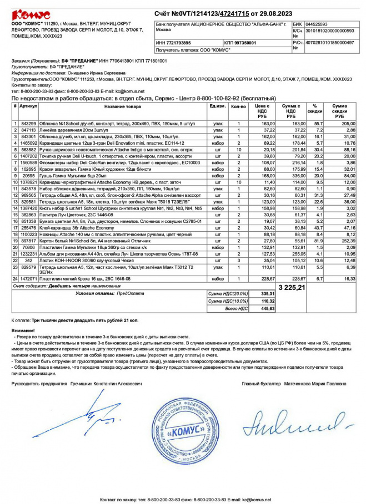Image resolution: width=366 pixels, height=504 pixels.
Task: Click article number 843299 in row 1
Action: (x=28, y=123)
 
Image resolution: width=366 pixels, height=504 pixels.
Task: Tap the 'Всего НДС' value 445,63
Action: (x=268, y=308)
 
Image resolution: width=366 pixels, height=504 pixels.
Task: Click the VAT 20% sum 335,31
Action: (x=268, y=293)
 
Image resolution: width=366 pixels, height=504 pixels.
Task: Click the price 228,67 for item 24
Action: (x=268, y=278)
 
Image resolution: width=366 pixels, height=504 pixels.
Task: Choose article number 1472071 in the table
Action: (x=28, y=278)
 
